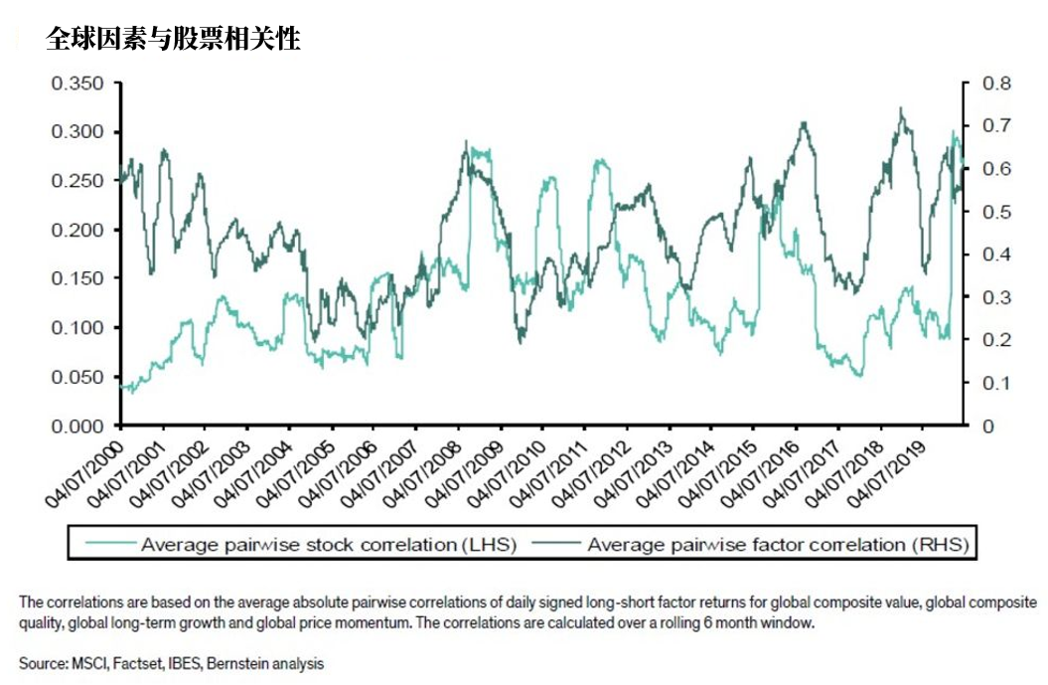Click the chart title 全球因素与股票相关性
click(x=173, y=40)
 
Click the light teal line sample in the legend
click(x=108, y=545)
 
